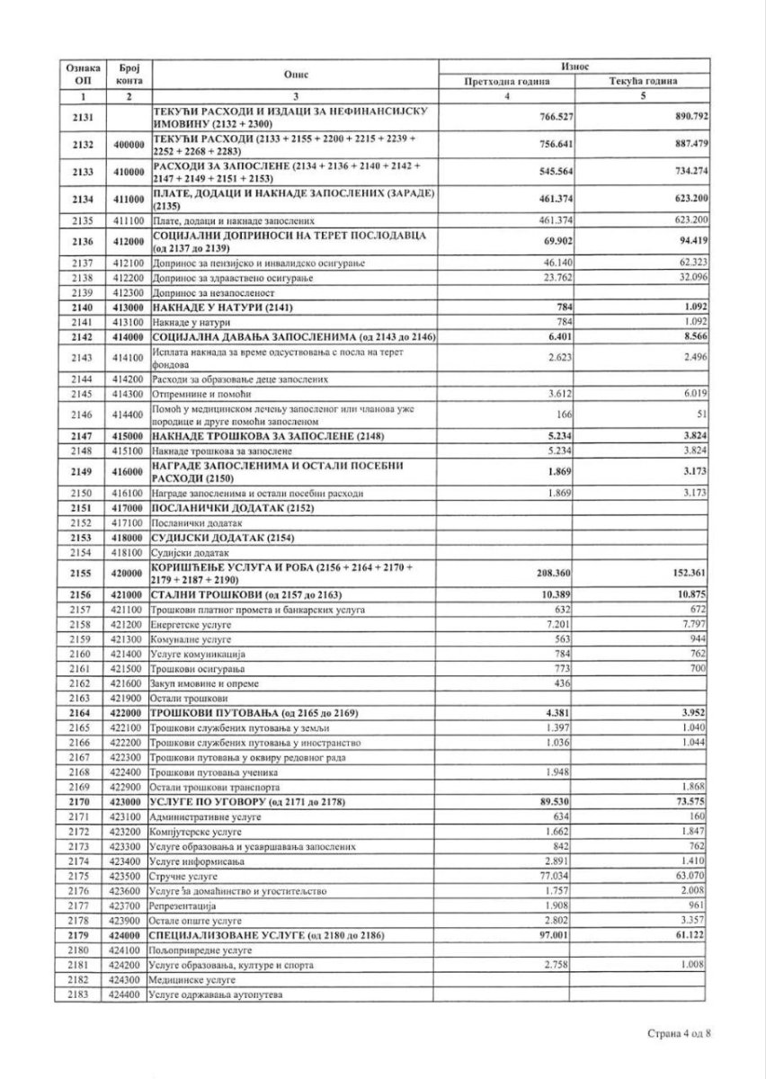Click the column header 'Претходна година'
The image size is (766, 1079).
[x=506, y=82]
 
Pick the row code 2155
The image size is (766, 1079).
[x=83, y=572]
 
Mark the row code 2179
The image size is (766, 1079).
[x=83, y=935]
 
